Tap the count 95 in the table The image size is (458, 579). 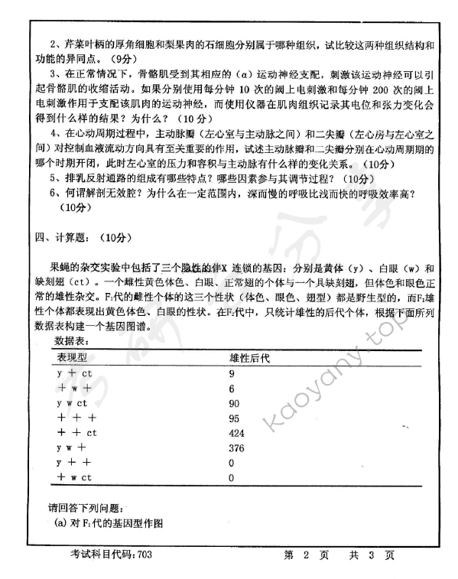234,418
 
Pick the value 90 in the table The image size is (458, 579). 234,403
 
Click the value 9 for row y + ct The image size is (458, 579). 232,373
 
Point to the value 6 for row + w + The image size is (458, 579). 232,389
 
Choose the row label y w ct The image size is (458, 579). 73,403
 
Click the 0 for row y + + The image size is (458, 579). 232,463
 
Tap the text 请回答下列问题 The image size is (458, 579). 84,508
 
